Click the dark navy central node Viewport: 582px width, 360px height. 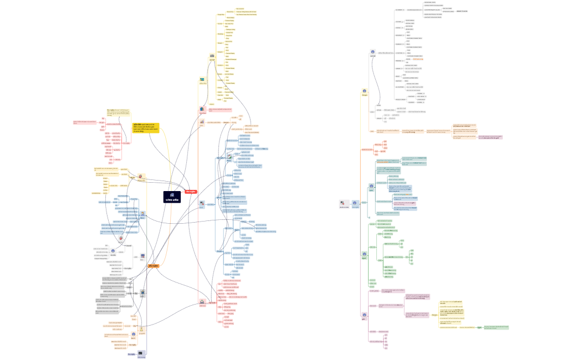(172, 196)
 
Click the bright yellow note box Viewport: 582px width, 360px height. (146, 128)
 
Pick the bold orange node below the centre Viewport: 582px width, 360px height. (154, 266)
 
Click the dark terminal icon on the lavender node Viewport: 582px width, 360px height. (141, 353)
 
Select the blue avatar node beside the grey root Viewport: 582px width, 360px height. (355, 203)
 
